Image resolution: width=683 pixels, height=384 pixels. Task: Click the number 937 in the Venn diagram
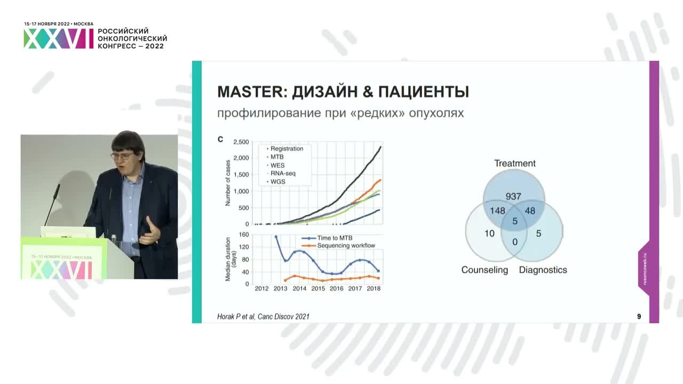513,196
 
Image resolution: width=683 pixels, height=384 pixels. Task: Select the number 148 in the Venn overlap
497,211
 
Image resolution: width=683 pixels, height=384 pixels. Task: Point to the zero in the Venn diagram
514,242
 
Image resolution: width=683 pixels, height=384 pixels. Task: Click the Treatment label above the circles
514,163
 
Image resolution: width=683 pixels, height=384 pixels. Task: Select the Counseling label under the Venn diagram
485,270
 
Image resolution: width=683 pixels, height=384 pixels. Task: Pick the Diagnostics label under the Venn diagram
543,270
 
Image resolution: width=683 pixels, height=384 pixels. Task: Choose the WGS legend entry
277,182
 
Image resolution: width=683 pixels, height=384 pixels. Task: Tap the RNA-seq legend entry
283,173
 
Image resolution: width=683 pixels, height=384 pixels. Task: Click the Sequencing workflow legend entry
346,245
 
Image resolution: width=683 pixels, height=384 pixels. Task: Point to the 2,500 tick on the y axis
241,142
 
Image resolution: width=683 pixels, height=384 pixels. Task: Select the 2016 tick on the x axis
336,289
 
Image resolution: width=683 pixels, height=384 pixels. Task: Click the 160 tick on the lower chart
244,235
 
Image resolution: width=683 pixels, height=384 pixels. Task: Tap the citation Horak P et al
263,316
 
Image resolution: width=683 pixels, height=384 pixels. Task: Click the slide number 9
639,316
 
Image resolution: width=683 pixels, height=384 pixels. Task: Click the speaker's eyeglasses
122,156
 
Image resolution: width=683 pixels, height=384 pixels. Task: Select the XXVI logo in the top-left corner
59,39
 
